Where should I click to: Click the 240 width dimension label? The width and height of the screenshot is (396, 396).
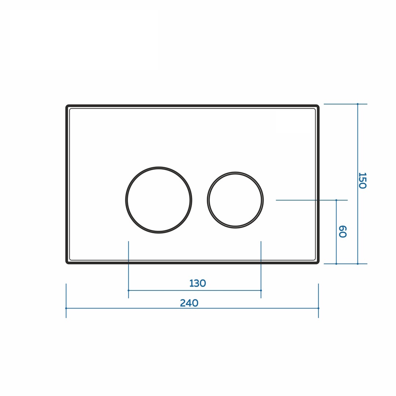coord(189,303)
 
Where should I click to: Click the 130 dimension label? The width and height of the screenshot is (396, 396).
coord(198,283)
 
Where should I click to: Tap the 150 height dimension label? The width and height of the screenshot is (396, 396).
coord(362,180)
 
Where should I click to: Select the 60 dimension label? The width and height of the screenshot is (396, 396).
coord(342,231)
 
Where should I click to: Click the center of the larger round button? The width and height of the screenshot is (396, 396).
coord(159,200)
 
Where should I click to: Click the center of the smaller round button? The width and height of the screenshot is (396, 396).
coord(235,200)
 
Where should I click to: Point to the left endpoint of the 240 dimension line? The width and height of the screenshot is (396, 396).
coord(66,308)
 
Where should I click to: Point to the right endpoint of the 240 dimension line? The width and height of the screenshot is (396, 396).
coord(318,308)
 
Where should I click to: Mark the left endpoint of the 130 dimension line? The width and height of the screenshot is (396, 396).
coord(129,290)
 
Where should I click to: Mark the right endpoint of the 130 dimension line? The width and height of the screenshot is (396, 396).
coord(261,290)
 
